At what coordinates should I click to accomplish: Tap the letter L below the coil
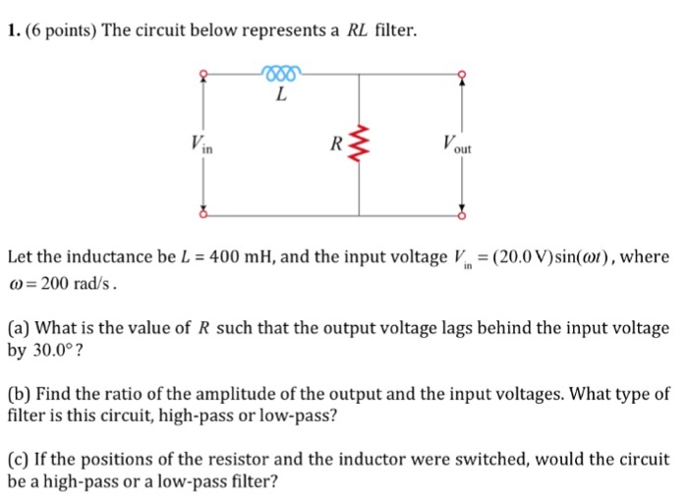(x=282, y=95)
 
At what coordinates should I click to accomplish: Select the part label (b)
(x=18, y=394)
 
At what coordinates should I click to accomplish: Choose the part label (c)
(x=18, y=460)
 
